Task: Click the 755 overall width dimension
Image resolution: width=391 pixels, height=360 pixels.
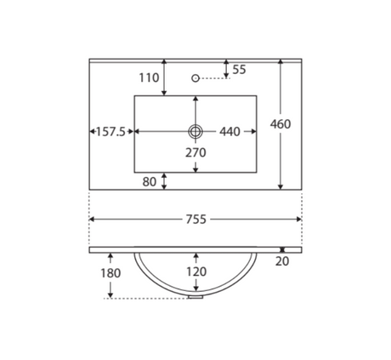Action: [195, 220]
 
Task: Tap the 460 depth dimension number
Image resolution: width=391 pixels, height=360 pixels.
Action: [280, 124]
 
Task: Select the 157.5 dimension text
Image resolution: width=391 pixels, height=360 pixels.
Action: [110, 132]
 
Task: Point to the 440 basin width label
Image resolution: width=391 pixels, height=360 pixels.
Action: [229, 132]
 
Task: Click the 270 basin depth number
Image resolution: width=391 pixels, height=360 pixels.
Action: [195, 152]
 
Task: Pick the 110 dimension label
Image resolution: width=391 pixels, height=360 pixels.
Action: [149, 77]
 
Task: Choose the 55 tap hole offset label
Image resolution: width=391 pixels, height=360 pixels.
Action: [239, 70]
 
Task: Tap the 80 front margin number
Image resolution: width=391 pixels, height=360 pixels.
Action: [150, 182]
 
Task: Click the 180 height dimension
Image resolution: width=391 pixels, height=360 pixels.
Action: [110, 273]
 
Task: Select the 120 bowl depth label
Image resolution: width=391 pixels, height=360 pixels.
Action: [196, 271]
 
